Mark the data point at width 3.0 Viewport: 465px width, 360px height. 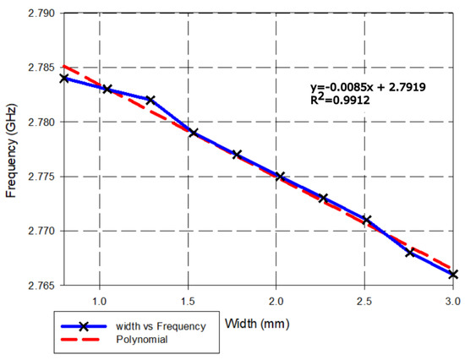pyautogui.click(x=453, y=275)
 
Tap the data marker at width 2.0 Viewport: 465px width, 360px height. pyautogui.click(x=280, y=177)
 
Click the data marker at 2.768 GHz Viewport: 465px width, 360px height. pyautogui.click(x=410, y=253)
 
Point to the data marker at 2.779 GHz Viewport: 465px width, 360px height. pyautogui.click(x=194, y=133)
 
